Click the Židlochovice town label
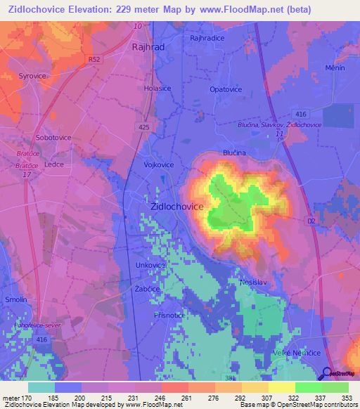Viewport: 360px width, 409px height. [x=177, y=207]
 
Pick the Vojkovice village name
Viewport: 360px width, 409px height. [x=159, y=164]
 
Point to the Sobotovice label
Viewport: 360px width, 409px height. [x=53, y=138]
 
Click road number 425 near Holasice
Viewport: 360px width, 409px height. [x=144, y=127]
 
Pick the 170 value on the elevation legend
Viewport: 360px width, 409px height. [x=28, y=397]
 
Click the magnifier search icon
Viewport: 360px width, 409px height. [x=328, y=372]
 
